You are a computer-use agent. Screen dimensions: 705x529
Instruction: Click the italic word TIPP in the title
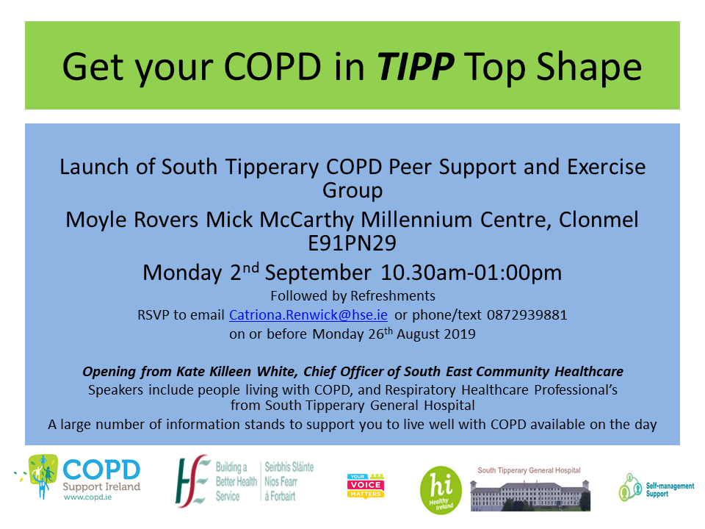pos(415,67)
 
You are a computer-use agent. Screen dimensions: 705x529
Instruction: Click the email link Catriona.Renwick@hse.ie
pos(308,315)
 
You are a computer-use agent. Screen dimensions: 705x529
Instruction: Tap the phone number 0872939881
pos(527,315)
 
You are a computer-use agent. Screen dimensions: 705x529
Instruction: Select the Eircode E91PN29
pos(352,243)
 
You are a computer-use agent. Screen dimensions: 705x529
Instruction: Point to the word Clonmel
pos(599,220)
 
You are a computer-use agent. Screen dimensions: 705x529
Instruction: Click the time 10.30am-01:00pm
pos(471,273)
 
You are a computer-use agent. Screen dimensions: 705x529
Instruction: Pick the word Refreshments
pos(392,296)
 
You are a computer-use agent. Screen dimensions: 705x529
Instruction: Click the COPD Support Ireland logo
pos(77,478)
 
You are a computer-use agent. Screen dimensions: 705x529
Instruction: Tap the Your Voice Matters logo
pos(366,486)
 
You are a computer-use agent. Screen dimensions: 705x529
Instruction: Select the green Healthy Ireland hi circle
pos(441,490)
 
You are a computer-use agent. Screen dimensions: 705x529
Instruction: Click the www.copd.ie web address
pos(87,497)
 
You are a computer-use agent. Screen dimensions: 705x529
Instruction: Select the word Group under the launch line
pos(352,191)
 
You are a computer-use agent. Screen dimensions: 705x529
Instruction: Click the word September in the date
pos(318,273)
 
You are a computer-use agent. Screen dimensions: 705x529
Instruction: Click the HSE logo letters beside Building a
pos(192,481)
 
